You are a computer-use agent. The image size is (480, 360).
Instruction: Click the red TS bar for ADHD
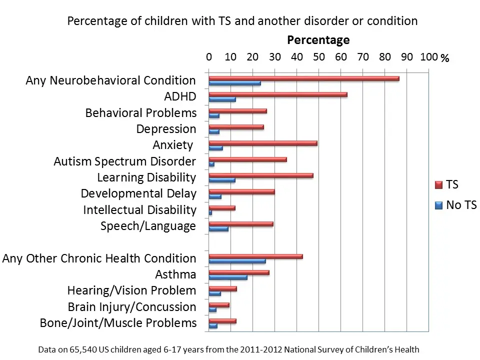277,94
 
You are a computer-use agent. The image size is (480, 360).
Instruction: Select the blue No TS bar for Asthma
227,277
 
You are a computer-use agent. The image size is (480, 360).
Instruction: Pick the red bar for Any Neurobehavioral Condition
303,78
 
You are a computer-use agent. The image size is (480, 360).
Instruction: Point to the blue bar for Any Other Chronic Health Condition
237,261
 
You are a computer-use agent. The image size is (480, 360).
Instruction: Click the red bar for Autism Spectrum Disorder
247,159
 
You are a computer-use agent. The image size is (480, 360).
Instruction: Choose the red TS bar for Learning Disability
260,175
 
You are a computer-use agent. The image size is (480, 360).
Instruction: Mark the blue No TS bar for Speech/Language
218,228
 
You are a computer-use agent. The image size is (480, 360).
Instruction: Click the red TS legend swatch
439,185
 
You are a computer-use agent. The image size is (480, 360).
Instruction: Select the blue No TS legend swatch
439,205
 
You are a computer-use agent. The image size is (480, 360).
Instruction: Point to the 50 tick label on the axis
319,57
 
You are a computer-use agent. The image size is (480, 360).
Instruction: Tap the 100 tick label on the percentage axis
429,57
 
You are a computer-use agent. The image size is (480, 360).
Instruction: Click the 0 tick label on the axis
209,57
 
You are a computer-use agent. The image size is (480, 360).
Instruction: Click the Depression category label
166,129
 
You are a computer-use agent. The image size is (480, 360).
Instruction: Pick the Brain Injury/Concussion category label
132,307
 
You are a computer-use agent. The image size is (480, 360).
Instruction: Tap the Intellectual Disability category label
139,210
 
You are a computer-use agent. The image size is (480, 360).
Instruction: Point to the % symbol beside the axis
445,58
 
